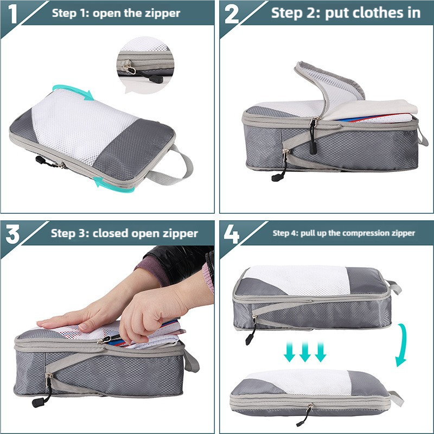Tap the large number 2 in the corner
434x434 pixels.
tap(232, 14)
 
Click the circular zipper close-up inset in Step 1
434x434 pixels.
tap(145, 64)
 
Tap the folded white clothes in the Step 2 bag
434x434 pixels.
tap(374, 108)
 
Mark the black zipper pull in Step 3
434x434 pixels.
tap(42, 400)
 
